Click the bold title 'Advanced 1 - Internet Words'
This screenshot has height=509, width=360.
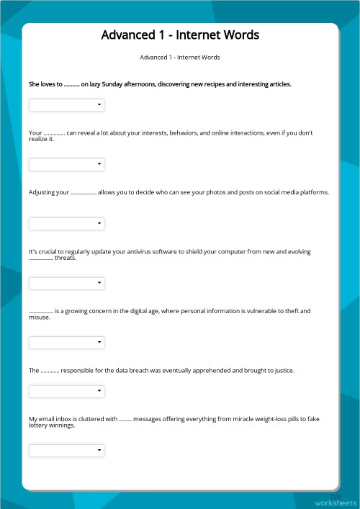click(180, 35)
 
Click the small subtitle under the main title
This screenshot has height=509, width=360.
click(180, 57)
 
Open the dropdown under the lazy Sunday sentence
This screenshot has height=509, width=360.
click(66, 105)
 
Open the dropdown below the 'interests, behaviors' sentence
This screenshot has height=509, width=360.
click(66, 164)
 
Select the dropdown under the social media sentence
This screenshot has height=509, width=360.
click(66, 223)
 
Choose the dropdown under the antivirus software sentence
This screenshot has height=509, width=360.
click(66, 283)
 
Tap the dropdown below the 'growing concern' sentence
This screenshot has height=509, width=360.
click(66, 342)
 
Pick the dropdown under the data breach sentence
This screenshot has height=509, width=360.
click(66, 392)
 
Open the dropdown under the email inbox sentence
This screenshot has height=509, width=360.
click(66, 451)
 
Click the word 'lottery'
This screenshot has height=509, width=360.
click(38, 425)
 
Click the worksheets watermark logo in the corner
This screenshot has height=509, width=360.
click(335, 502)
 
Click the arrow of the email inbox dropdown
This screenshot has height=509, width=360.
click(99, 451)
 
